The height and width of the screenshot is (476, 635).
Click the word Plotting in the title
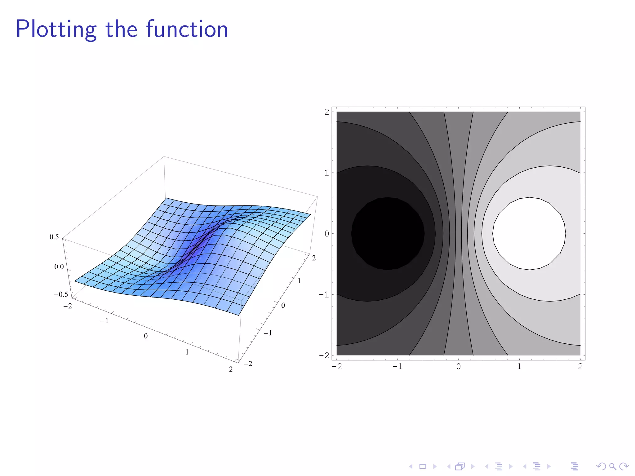[x=56, y=29]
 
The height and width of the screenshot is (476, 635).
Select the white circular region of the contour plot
[x=529, y=233]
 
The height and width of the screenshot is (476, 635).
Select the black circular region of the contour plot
[x=388, y=233]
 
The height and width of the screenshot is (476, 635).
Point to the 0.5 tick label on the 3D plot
[x=54, y=237]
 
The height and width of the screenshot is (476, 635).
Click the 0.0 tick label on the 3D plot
[x=59, y=267]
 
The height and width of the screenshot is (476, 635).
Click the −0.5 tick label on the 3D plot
[x=61, y=294]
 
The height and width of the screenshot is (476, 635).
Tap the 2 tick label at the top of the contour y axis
[x=327, y=112]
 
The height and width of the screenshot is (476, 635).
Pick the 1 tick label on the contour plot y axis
[x=327, y=173]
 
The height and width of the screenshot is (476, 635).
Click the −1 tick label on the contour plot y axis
[x=324, y=294]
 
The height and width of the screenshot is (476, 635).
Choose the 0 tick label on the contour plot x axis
[x=459, y=367]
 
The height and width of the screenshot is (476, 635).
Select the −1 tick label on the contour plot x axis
[x=397, y=367]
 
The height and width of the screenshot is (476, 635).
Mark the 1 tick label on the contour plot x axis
[x=519, y=367]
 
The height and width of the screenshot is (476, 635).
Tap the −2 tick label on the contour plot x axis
[x=337, y=367]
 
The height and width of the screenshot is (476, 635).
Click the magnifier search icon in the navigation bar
[x=612, y=466]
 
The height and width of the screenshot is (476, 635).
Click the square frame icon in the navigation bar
[x=423, y=466]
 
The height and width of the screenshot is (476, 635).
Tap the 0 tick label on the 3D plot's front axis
[x=146, y=336]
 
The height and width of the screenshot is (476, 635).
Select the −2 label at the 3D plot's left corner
[x=68, y=306]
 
